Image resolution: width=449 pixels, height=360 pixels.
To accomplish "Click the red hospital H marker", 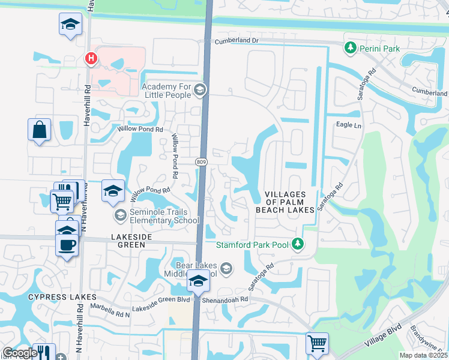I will (91, 58).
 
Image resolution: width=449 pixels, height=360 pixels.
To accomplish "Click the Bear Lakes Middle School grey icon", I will (226, 268).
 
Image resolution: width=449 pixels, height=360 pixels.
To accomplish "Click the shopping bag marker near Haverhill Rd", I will (39, 130).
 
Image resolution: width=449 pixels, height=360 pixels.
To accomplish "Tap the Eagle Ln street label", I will (349, 125).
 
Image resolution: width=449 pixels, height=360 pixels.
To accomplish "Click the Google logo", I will (20, 353).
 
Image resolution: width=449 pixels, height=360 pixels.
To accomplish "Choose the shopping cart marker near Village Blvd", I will (317, 344).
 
